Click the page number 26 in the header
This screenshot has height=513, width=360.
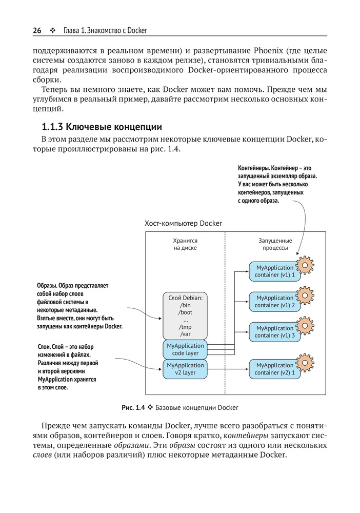click(x=37, y=30)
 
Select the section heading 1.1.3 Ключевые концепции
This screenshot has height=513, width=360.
click(x=102, y=126)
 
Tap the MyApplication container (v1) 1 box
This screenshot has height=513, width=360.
click(x=274, y=271)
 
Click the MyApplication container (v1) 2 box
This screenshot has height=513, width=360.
click(x=274, y=302)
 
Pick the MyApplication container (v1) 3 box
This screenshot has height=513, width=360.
click(x=274, y=332)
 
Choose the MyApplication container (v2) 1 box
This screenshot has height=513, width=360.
click(x=274, y=369)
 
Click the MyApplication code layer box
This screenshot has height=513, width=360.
click(x=185, y=349)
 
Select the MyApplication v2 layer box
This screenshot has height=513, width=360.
click(x=185, y=369)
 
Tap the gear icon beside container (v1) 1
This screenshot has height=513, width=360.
click(x=306, y=265)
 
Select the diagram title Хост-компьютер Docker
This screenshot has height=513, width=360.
click(x=184, y=224)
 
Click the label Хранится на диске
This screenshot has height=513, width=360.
click(x=185, y=244)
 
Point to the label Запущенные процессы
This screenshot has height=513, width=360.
click(x=275, y=244)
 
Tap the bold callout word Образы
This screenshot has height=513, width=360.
click(x=47, y=286)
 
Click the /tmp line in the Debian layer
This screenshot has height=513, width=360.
click(x=185, y=327)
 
